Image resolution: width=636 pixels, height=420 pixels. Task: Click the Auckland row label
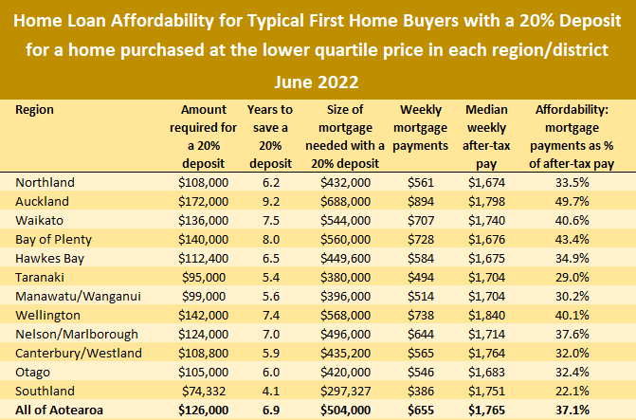pyautogui.click(x=43, y=201)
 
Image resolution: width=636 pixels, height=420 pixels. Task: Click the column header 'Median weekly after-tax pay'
pyautogui.click(x=491, y=128)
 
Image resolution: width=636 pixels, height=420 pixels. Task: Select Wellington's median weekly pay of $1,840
pyautogui.click(x=491, y=315)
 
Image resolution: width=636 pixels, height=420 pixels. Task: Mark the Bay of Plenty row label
pyautogui.click(x=52, y=239)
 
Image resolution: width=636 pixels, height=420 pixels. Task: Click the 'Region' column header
pyautogui.click(x=35, y=110)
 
